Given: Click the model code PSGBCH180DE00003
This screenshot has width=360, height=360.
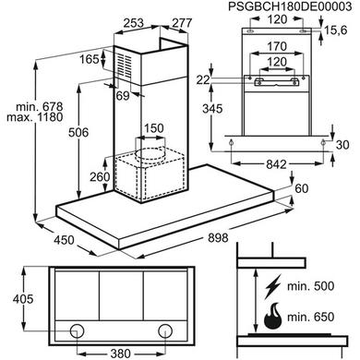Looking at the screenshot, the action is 290,6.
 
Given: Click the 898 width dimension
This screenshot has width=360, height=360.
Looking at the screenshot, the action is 218,238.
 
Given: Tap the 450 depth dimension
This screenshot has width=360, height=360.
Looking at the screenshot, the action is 64,240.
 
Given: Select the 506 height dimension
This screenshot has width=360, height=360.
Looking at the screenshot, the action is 78,133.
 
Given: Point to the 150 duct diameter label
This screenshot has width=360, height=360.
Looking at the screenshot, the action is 154,128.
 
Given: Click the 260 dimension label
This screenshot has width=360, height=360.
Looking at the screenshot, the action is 100,177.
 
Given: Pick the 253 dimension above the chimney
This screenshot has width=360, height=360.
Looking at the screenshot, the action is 134,23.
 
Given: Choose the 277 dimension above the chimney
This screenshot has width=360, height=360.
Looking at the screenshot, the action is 182,23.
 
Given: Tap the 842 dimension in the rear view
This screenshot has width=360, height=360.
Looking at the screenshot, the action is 276,164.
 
